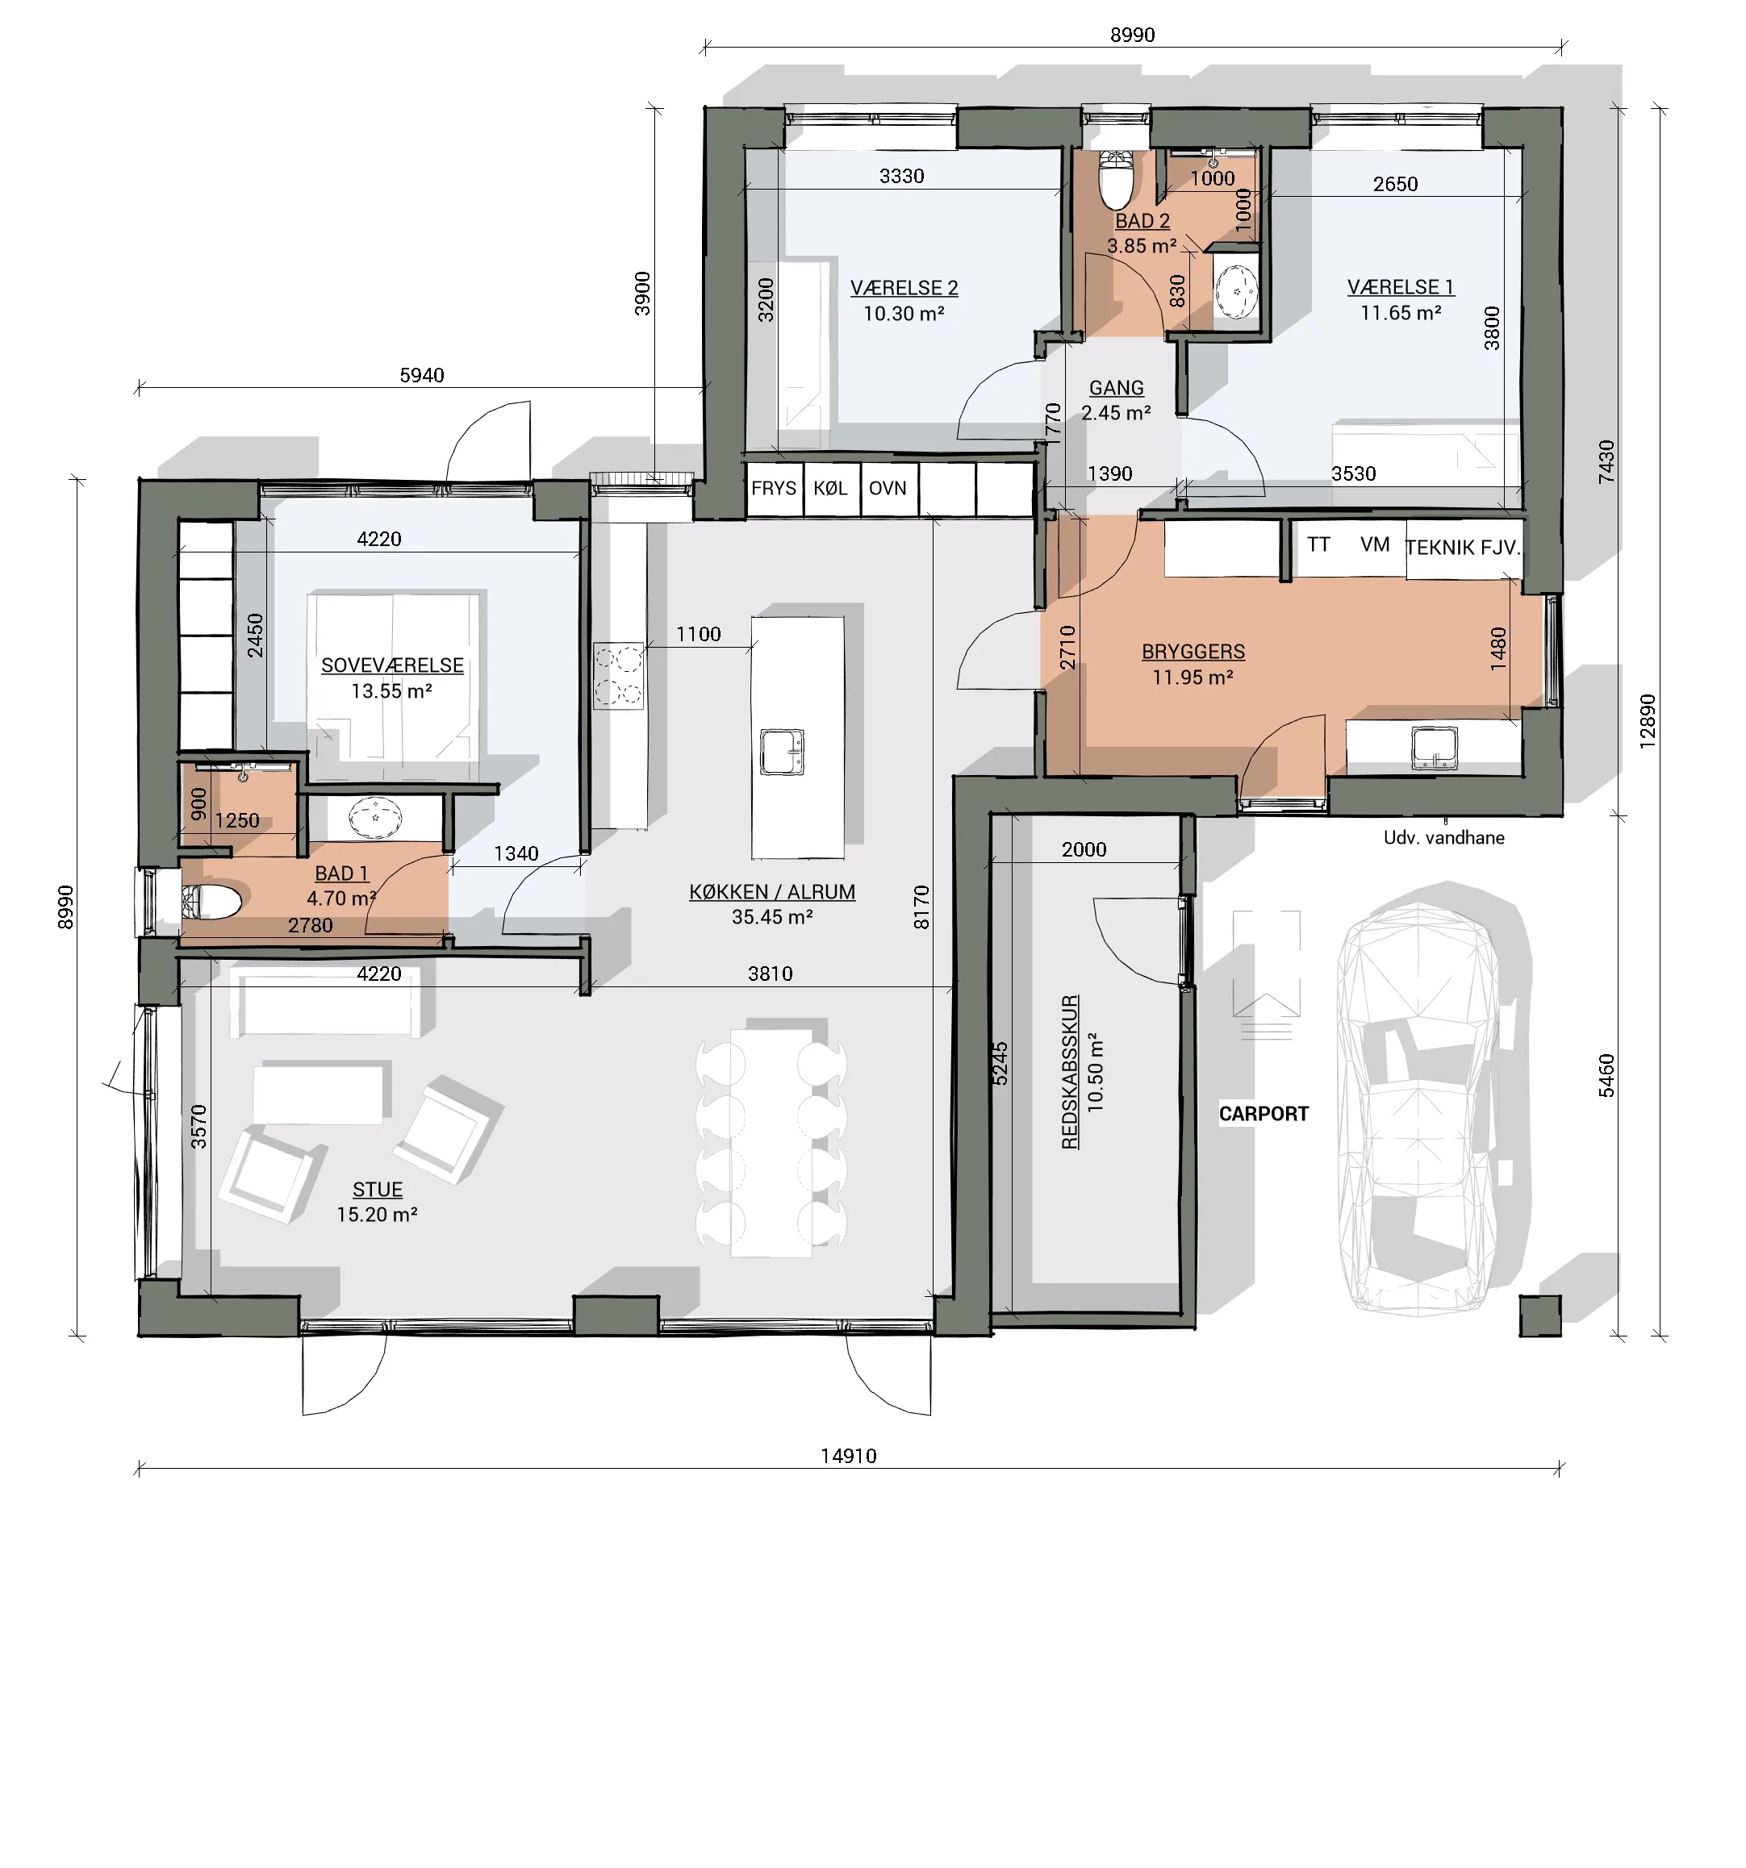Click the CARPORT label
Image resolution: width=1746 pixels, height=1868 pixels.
[x=1263, y=1114]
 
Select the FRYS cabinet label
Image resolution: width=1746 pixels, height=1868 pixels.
[x=774, y=488]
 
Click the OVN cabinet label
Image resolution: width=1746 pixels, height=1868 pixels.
[x=887, y=488]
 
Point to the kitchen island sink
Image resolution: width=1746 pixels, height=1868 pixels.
[x=782, y=752]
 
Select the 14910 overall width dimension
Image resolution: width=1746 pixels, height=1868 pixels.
[x=849, y=1456]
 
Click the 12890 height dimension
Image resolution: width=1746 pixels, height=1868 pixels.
[x=1647, y=721]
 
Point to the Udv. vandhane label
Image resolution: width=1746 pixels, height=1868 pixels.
[x=1443, y=837]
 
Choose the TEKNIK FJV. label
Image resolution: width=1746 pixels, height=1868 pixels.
[x=1462, y=547]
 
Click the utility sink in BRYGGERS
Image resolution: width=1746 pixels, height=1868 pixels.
[x=1434, y=747]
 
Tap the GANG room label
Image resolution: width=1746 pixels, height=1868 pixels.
[x=1117, y=387]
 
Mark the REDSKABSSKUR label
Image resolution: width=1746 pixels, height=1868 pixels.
[x=1069, y=1072]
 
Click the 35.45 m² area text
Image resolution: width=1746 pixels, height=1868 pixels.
[x=771, y=916]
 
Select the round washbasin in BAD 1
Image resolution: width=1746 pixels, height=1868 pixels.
[x=375, y=818]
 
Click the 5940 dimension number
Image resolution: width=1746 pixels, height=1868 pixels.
[x=422, y=375]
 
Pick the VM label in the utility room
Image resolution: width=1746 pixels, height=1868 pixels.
[x=1375, y=544]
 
